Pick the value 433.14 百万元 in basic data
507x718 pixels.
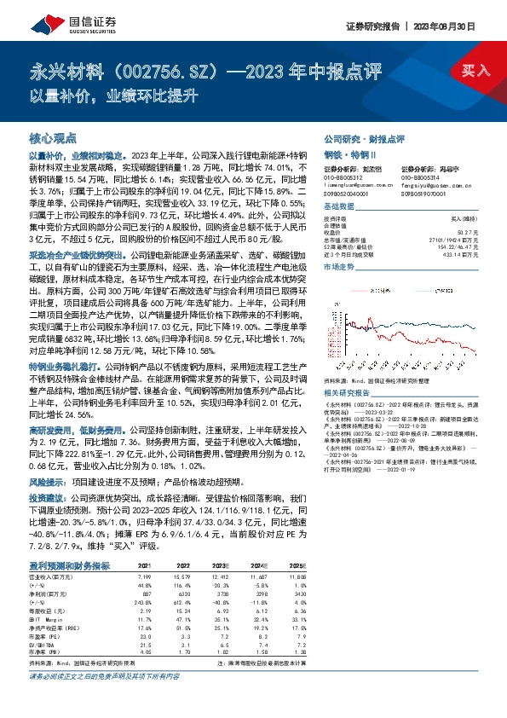[x=460, y=255]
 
